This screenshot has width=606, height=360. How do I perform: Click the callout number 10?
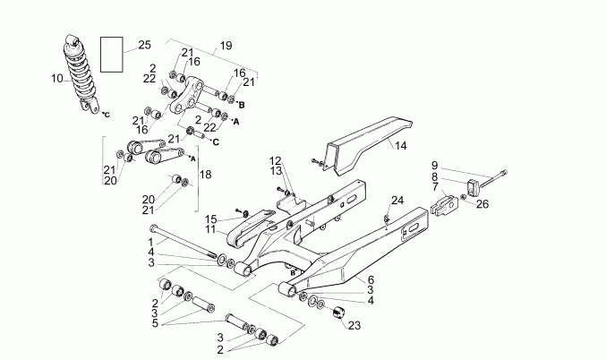pyautogui.click(x=56, y=79)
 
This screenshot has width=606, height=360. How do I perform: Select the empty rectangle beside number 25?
pyautogui.click(x=112, y=54)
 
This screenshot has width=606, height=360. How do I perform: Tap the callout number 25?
pyautogui.click(x=145, y=45)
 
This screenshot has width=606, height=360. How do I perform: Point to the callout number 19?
pyautogui.click(x=226, y=45)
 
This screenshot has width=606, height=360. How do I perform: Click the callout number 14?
pyautogui.click(x=400, y=145)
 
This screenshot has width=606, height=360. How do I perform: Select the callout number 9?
pyautogui.click(x=435, y=165)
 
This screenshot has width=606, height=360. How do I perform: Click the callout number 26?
pyautogui.click(x=483, y=203)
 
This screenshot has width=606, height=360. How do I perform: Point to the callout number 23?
pyautogui.click(x=354, y=325)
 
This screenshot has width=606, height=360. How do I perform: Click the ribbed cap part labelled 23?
pyautogui.click(x=339, y=313)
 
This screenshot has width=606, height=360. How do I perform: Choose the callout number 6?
pyautogui.click(x=371, y=279)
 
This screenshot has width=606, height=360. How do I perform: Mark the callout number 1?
pyautogui.click(x=151, y=242)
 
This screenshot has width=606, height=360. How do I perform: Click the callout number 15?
pyautogui.click(x=211, y=219)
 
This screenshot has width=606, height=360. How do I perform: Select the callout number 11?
pyautogui.click(x=211, y=229)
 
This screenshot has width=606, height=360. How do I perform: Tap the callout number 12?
pyautogui.click(x=276, y=160)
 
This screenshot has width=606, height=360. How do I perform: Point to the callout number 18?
pyautogui.click(x=206, y=175)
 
